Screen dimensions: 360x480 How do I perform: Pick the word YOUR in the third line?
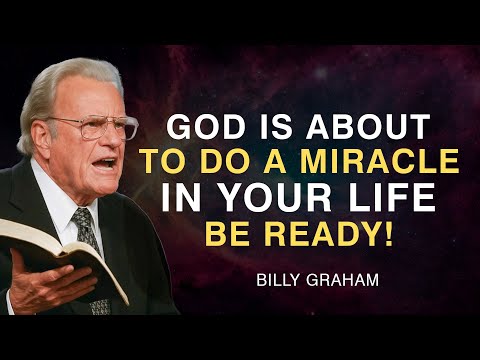click(281, 197)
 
